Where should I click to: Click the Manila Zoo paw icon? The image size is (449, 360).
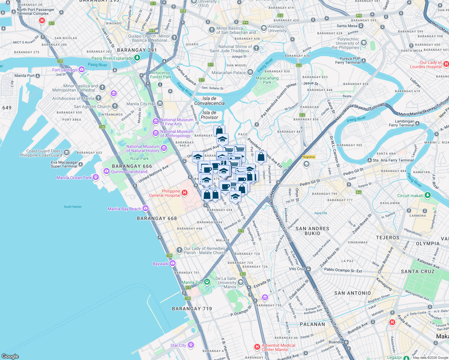(207, 282)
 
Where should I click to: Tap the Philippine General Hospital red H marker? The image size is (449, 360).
(185, 193)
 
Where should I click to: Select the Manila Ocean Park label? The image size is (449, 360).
(74, 178)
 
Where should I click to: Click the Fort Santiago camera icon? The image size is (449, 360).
(81, 70)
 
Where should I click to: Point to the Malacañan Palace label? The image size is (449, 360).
(229, 73)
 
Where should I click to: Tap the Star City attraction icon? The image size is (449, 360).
(191, 345)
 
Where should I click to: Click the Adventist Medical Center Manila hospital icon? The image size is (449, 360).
(257, 347)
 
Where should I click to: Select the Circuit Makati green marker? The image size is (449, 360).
(428, 195)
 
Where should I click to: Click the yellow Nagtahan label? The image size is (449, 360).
(309, 157)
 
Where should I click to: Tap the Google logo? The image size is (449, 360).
(10, 356)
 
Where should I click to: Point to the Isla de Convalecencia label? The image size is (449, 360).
(209, 101)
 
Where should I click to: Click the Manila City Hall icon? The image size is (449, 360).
(160, 104)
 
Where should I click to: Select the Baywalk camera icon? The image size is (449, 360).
(172, 263)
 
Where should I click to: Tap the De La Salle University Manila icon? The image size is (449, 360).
(240, 282)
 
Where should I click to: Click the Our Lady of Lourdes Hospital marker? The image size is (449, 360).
(446, 64)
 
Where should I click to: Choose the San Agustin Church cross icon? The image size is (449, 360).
(115, 106)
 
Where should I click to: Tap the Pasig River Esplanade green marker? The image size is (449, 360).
(137, 58)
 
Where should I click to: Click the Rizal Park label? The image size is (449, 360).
(139, 158)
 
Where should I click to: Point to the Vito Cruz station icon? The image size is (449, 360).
(308, 269)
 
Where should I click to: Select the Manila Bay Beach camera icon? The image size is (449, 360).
(146, 208)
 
